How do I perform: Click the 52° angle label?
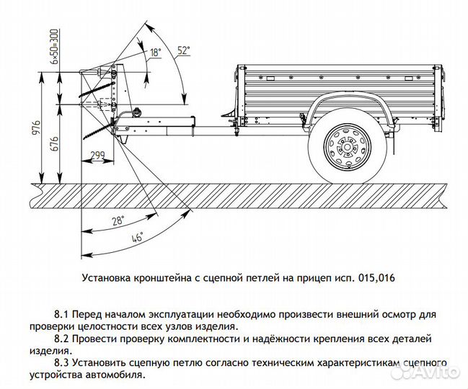coord(183,50)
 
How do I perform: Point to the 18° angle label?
coord(155,53)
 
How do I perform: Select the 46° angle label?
coord(136,237)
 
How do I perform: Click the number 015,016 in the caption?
coord(376,276)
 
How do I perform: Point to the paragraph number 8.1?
coord(63,315)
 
